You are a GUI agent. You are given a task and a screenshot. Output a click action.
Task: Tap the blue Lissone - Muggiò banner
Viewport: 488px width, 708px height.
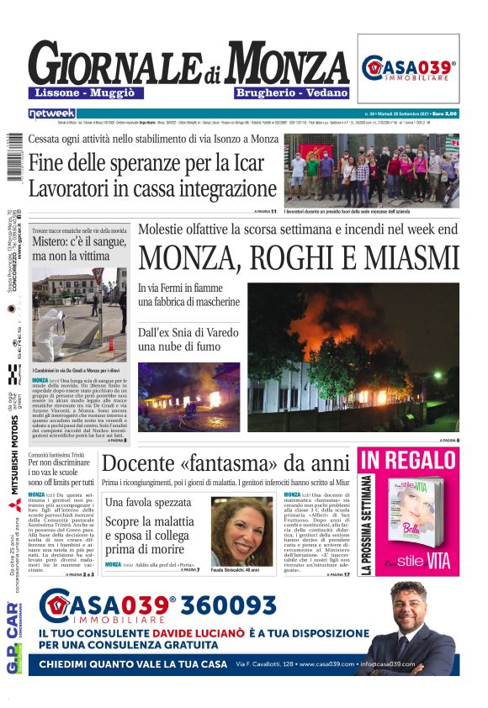[85, 92]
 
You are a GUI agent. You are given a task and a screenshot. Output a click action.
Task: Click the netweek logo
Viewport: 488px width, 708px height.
[51, 113]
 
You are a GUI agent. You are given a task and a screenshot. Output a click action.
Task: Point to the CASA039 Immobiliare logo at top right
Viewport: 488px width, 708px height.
[409, 69]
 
